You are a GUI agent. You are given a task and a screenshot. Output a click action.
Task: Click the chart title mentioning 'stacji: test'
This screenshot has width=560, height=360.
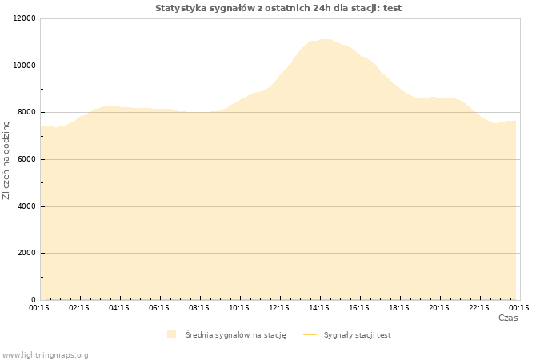[x=278, y=8]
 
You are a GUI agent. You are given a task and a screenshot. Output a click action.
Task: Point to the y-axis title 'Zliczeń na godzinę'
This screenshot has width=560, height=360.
[x=6, y=160]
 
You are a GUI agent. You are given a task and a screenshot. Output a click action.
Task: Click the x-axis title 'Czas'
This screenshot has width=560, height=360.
[x=508, y=318]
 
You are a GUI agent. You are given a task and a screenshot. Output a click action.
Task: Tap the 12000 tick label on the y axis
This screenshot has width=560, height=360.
[x=24, y=18]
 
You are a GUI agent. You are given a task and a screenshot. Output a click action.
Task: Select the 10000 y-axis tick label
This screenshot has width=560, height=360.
[x=24, y=66]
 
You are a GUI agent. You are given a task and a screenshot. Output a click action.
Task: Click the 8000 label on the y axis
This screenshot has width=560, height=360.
[x=26, y=112]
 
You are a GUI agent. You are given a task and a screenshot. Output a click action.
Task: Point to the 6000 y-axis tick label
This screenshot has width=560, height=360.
[x=26, y=159]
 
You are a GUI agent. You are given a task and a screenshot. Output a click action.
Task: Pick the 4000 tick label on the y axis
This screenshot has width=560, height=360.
[x=26, y=206]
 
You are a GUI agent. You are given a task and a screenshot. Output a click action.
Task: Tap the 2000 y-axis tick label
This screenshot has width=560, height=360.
[x=26, y=253]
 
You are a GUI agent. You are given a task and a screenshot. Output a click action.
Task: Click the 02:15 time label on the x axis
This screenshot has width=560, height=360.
[x=79, y=308]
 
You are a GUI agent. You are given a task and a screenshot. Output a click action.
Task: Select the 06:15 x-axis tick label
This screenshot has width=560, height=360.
[x=159, y=308]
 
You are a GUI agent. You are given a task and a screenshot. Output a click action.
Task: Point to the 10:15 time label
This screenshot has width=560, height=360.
[x=239, y=308]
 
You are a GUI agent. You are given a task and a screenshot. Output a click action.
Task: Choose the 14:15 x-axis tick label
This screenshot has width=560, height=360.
[x=319, y=308]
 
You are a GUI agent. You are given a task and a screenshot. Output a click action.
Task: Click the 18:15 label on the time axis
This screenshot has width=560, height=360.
[x=399, y=308]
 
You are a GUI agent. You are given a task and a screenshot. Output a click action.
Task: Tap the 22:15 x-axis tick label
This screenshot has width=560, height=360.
[x=479, y=308]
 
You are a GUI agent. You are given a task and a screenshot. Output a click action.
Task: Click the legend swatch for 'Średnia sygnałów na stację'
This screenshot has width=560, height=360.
[x=171, y=334]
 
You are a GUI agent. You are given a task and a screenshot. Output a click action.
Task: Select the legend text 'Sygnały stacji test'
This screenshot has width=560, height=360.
[x=357, y=335]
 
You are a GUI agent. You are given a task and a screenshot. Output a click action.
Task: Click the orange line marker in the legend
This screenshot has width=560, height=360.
[x=310, y=334]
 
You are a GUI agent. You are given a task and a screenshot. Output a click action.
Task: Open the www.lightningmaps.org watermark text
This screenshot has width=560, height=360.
[x=45, y=355]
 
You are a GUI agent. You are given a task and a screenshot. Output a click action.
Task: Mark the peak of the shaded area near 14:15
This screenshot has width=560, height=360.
[x=325, y=39]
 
